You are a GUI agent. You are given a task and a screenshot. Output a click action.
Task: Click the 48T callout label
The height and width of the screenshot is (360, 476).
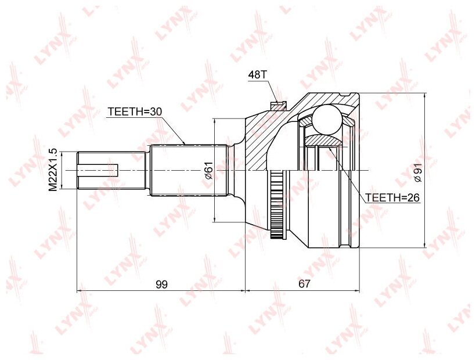pos(257,75)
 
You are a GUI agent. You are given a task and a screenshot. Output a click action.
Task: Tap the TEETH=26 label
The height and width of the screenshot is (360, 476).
pos(393,197)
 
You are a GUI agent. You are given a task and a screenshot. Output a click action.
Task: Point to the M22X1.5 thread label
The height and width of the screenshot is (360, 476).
pos(53,170)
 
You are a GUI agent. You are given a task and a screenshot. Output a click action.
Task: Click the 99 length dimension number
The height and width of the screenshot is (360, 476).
pos(161,284)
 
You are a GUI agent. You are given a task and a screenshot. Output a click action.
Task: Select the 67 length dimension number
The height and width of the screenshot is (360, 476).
pos(305,284)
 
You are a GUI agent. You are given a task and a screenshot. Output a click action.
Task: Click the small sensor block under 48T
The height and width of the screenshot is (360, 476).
pos(279,106)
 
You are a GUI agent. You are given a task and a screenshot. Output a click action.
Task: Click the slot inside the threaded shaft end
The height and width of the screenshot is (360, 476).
pos(99,170)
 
